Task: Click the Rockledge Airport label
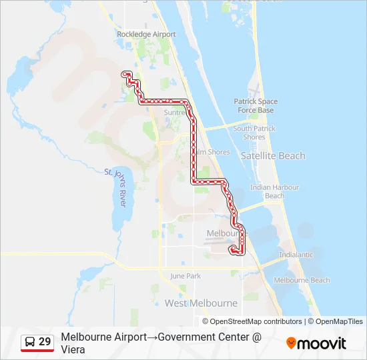tap(146, 34)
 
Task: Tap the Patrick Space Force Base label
tap(256, 106)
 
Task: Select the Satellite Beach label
tap(278, 155)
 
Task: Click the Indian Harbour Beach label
tap(274, 191)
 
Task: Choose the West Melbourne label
tap(201, 303)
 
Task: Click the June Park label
tap(186, 275)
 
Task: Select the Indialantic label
tap(296, 255)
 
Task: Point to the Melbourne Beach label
tap(302, 280)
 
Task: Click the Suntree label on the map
tap(175, 113)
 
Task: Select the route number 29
tap(45, 342)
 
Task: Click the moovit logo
tap(316, 343)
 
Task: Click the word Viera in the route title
tap(73, 349)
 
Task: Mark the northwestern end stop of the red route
tap(124, 73)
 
